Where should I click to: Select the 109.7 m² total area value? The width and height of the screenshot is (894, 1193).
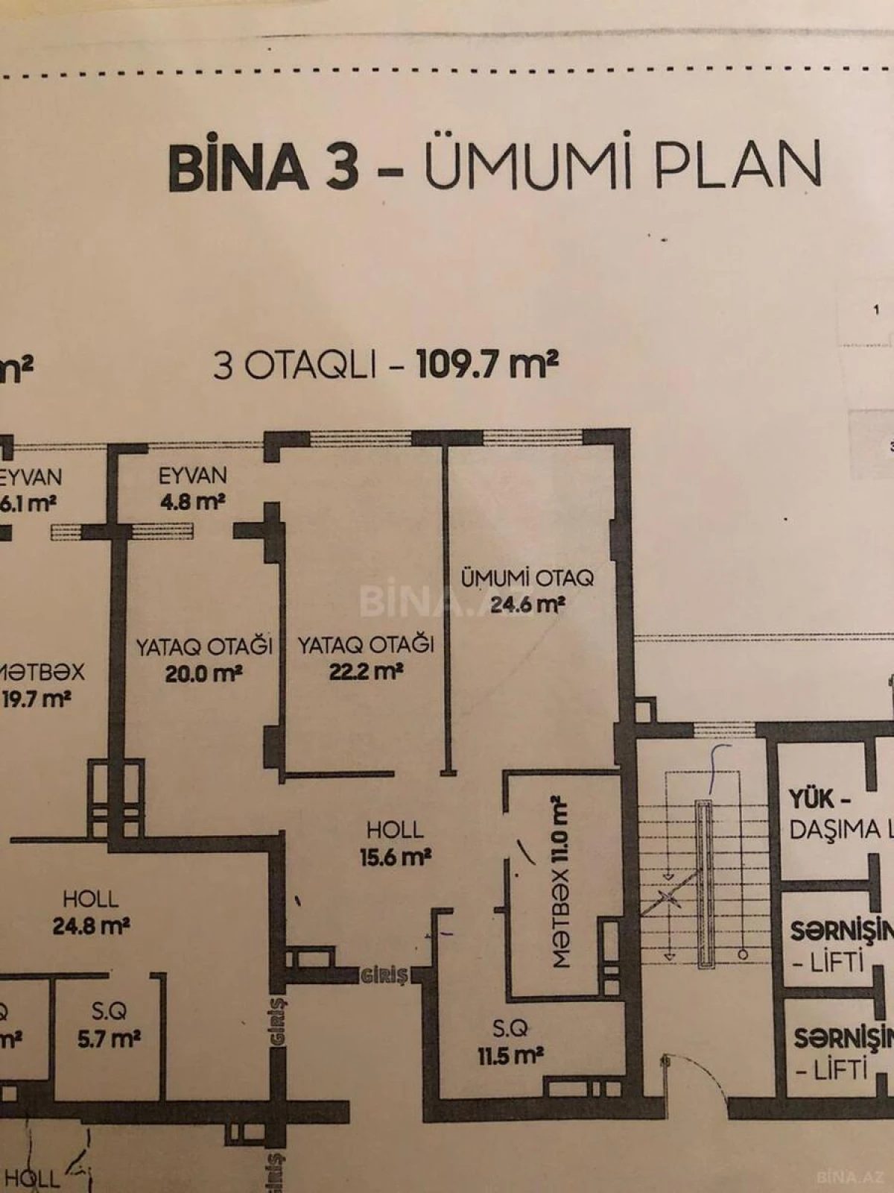[487, 365]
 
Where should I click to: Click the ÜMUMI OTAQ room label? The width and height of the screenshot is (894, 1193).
[527, 577]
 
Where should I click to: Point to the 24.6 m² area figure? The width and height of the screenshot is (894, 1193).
[527, 604]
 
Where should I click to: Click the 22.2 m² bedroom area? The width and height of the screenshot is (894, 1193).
[366, 671]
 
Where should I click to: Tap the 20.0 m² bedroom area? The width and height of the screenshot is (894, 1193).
[203, 673]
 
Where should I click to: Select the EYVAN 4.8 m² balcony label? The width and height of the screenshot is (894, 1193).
[192, 488]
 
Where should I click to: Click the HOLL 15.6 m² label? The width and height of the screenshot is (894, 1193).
[396, 843]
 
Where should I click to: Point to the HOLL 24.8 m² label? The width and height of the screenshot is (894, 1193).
[91, 912]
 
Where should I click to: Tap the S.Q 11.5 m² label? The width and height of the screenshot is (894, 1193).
[510, 1042]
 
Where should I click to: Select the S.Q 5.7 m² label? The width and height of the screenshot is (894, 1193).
[110, 1024]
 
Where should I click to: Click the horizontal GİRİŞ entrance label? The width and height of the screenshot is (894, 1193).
[384, 975]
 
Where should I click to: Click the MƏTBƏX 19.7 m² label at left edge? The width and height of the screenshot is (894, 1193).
[41, 685]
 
